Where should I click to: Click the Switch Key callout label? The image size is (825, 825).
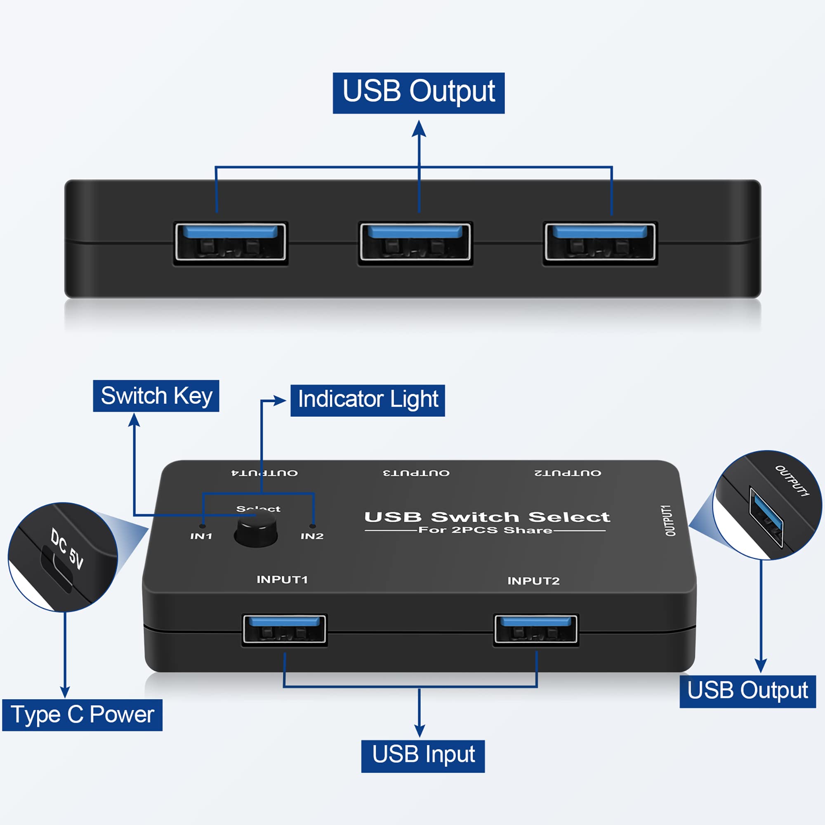coord(156,396)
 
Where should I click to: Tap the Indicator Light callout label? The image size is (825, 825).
coord(367,400)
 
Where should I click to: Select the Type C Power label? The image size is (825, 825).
coord(82,715)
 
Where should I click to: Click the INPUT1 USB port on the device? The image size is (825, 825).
coord(284,629)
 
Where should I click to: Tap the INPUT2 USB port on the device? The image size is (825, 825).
coord(536,629)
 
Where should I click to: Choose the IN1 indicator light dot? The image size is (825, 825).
coord(203,526)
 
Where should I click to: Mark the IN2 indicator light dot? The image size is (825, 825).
coord(313,526)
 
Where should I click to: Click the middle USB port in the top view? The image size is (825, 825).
coord(415,243)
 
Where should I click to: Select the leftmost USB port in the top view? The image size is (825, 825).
coord(231,243)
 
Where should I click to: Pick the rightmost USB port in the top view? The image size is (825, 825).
coord(600,243)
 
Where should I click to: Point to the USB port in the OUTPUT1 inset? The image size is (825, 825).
coord(766,517)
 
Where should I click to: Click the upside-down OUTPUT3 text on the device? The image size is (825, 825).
coord(416,473)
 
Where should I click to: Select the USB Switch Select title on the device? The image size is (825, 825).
coord(487,517)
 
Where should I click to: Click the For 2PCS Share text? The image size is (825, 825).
coord(485,530)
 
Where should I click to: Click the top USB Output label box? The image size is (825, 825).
coord(418,93)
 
